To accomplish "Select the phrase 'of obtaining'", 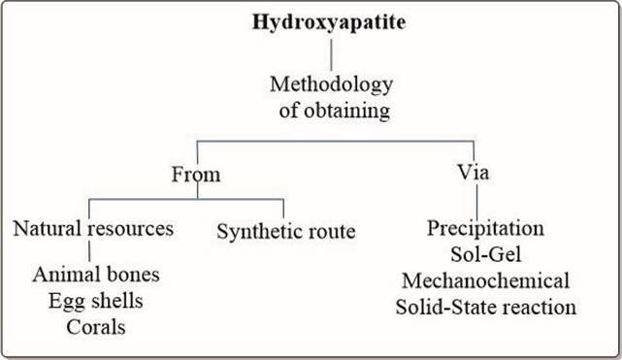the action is coord(331,111).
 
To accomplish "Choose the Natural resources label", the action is coord(93,230).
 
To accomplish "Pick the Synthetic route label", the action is coord(286,232).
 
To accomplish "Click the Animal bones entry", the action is coord(96,275).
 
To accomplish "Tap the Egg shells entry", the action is coord(96,300).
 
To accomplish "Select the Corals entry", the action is coord(96,325).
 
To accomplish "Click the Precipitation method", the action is coord(486,230).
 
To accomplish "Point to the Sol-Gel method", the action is coord(486,255).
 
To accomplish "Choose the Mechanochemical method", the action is coord(486,281).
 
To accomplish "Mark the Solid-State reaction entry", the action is coord(486,307).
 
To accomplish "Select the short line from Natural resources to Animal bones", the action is coord(89,252).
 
